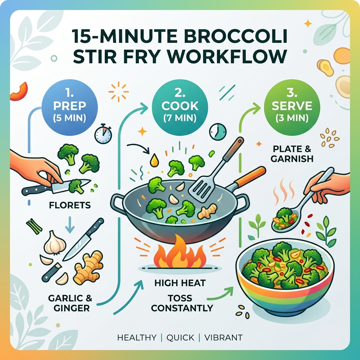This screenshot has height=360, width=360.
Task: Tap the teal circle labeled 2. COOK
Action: pyautogui.click(x=180, y=106)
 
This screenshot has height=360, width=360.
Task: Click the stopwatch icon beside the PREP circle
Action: pyautogui.click(x=103, y=134)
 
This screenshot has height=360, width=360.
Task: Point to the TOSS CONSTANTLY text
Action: pyautogui.click(x=180, y=303)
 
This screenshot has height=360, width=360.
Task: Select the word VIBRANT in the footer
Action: pyautogui.click(x=223, y=338)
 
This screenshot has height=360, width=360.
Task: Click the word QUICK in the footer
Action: pyautogui.click(x=180, y=338)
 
